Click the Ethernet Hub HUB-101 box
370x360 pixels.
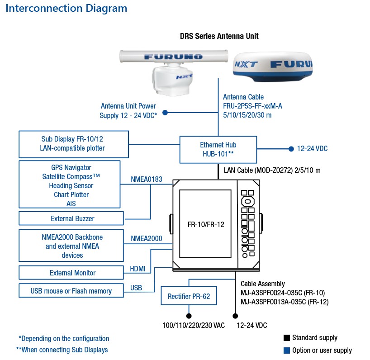tap(218, 150)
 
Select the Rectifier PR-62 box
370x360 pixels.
tap(189, 296)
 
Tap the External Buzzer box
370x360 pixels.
tap(71, 218)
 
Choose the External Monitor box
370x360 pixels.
tap(71, 273)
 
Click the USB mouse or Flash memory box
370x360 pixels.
tap(71, 291)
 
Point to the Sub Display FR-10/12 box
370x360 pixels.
tap(74, 144)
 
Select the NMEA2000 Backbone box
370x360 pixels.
tap(71, 246)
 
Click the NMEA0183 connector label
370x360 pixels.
tap(147, 179)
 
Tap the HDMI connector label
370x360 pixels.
tap(138, 269)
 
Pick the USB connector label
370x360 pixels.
tap(136, 288)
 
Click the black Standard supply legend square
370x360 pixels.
tap(287, 338)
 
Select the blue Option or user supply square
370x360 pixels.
tap(287, 351)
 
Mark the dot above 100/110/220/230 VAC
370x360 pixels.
tap(189, 316)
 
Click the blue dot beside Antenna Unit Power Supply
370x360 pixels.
tap(165, 113)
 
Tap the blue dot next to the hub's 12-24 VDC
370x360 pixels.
tap(291, 149)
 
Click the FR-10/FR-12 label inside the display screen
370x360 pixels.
tap(206, 224)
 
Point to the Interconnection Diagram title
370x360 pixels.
tap(66, 9)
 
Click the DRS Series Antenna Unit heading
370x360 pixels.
tap(219, 36)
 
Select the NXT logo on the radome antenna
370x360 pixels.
tap(246, 64)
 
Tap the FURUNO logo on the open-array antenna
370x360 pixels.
tap(173, 57)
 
